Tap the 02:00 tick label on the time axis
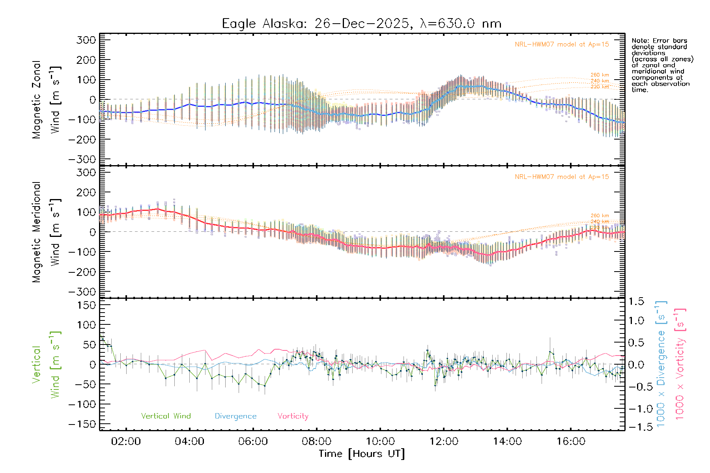point(126,441)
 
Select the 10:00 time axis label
point(380,441)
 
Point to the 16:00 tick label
point(571,441)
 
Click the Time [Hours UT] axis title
point(362,454)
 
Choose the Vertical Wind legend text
point(166,416)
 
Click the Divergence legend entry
point(235,416)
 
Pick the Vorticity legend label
point(293,416)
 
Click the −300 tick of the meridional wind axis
point(82,292)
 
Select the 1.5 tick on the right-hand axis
point(636,302)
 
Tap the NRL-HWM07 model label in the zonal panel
point(562,45)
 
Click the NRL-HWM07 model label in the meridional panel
point(562,177)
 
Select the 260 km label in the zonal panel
point(600,75)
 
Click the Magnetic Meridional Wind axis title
point(45,233)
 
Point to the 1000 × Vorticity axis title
point(680,364)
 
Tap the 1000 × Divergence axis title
point(661,364)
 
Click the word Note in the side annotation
point(639,41)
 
